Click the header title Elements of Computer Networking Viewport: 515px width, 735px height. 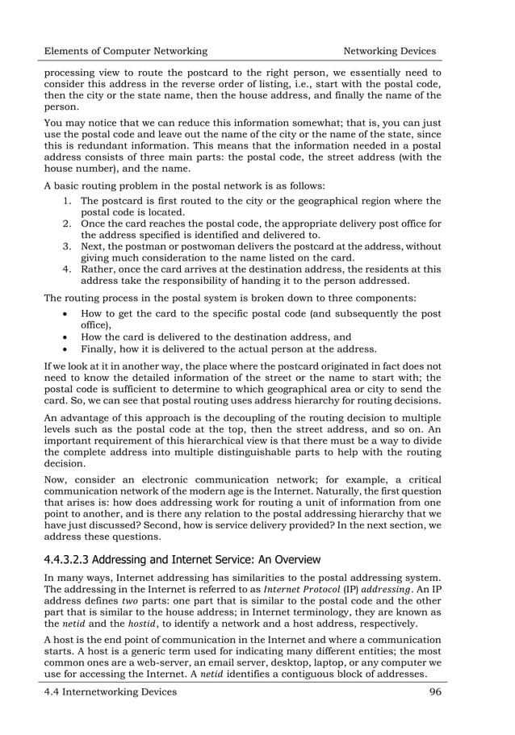(125, 51)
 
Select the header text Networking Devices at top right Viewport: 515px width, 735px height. (390, 51)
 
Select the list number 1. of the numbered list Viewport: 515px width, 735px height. (68, 201)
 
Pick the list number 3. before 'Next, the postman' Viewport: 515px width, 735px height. (68, 245)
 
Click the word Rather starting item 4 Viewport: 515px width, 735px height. (98, 269)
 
